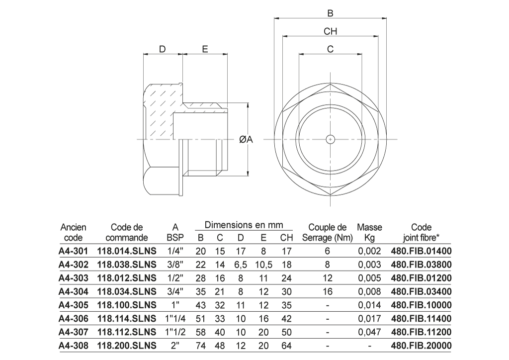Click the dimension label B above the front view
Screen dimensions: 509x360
click(330, 13)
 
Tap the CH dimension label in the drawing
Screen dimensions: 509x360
click(331, 31)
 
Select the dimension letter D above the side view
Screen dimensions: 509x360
click(163, 49)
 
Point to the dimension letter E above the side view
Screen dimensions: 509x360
click(205, 49)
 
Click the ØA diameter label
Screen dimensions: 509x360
click(246, 139)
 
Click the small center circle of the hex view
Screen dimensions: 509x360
click(331, 139)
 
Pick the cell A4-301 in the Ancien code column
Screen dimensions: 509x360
click(74, 251)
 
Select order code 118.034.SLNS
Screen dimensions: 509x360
click(127, 291)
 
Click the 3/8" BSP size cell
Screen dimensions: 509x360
click(175, 265)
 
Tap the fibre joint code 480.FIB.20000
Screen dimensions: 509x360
click(421, 346)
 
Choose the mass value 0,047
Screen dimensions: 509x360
click(369, 332)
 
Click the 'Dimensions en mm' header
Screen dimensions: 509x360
click(244, 225)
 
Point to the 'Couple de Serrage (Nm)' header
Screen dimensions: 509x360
click(327, 232)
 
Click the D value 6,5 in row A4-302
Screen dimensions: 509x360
click(241, 265)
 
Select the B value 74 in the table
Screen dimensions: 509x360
click(201, 346)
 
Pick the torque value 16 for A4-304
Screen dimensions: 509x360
click(328, 291)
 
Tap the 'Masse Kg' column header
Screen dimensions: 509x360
click(369, 232)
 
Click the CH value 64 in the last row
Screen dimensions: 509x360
click(286, 346)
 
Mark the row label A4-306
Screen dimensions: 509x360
click(74, 318)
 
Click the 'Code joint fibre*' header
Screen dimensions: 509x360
click(421, 232)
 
